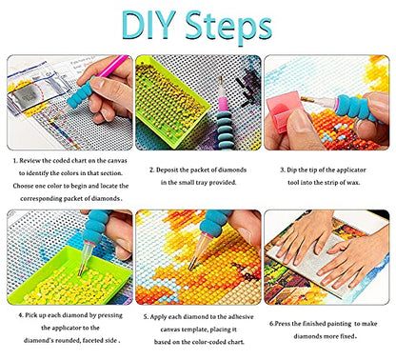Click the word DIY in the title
tap(148, 25)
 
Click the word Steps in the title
tap(228, 28)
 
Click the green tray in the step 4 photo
tap(69, 276)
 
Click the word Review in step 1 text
tap(30, 161)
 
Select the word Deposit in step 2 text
tap(167, 170)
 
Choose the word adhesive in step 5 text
tap(241, 317)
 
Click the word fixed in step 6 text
tap(348, 336)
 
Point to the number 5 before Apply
tap(146, 317)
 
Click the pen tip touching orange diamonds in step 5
tap(191, 269)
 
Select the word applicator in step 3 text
tap(351, 170)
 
